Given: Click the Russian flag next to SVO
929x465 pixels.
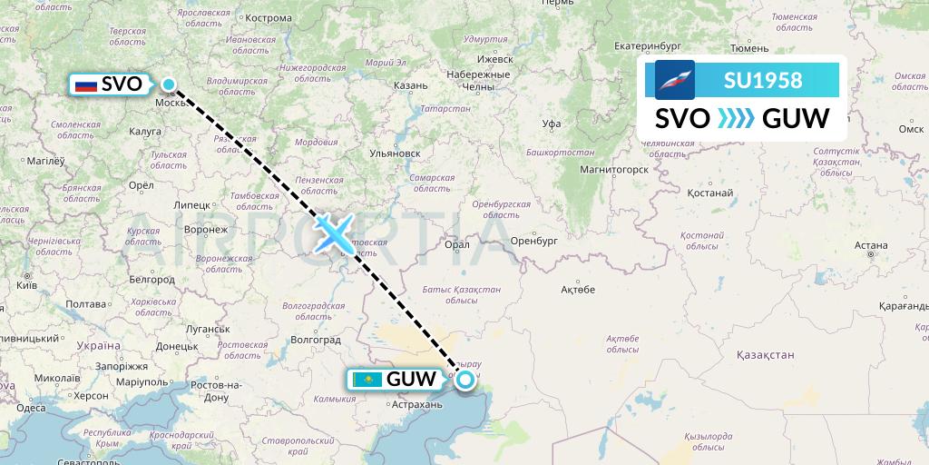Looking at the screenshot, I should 86,85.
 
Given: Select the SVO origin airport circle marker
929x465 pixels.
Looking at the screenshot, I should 169,85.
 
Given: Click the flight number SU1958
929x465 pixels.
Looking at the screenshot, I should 763,80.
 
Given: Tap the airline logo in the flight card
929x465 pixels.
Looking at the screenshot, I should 675,80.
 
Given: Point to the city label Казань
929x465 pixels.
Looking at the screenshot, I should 410,85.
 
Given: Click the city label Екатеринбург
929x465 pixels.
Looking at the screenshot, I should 647,45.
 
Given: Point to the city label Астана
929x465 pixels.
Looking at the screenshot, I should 870,245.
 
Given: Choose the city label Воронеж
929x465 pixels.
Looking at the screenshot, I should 206,230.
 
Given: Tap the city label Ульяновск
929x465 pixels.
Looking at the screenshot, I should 395,153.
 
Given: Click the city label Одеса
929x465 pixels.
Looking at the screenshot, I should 31,408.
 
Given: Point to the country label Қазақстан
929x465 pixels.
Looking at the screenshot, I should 766,354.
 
